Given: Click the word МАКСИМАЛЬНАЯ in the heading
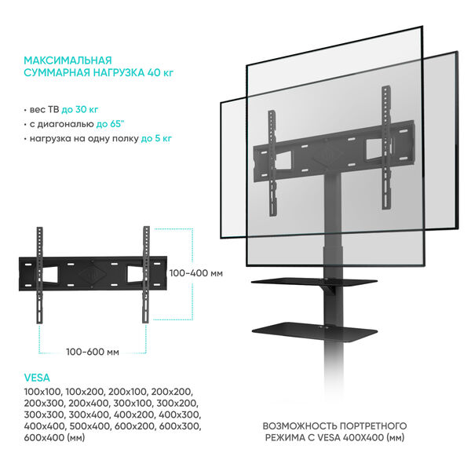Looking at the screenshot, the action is click(x=68, y=60).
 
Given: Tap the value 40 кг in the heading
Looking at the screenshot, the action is click(x=160, y=73).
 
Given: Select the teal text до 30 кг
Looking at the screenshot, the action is click(x=79, y=110).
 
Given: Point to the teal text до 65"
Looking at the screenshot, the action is click(x=110, y=124).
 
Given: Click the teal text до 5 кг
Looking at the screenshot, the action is click(x=156, y=138).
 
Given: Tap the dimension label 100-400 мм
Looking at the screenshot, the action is click(x=196, y=273).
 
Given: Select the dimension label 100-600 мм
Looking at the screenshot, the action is click(x=93, y=352).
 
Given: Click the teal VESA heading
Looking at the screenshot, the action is click(x=37, y=378).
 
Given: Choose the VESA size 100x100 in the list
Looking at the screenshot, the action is click(x=43, y=392).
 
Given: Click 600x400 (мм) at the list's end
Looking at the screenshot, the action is click(x=54, y=438).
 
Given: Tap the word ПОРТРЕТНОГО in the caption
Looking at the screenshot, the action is click(x=373, y=426).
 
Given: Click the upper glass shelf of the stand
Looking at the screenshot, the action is click(x=314, y=283).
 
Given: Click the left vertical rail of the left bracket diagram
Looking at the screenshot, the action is click(x=40, y=276).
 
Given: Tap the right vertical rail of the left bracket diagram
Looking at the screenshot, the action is click(x=146, y=275).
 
